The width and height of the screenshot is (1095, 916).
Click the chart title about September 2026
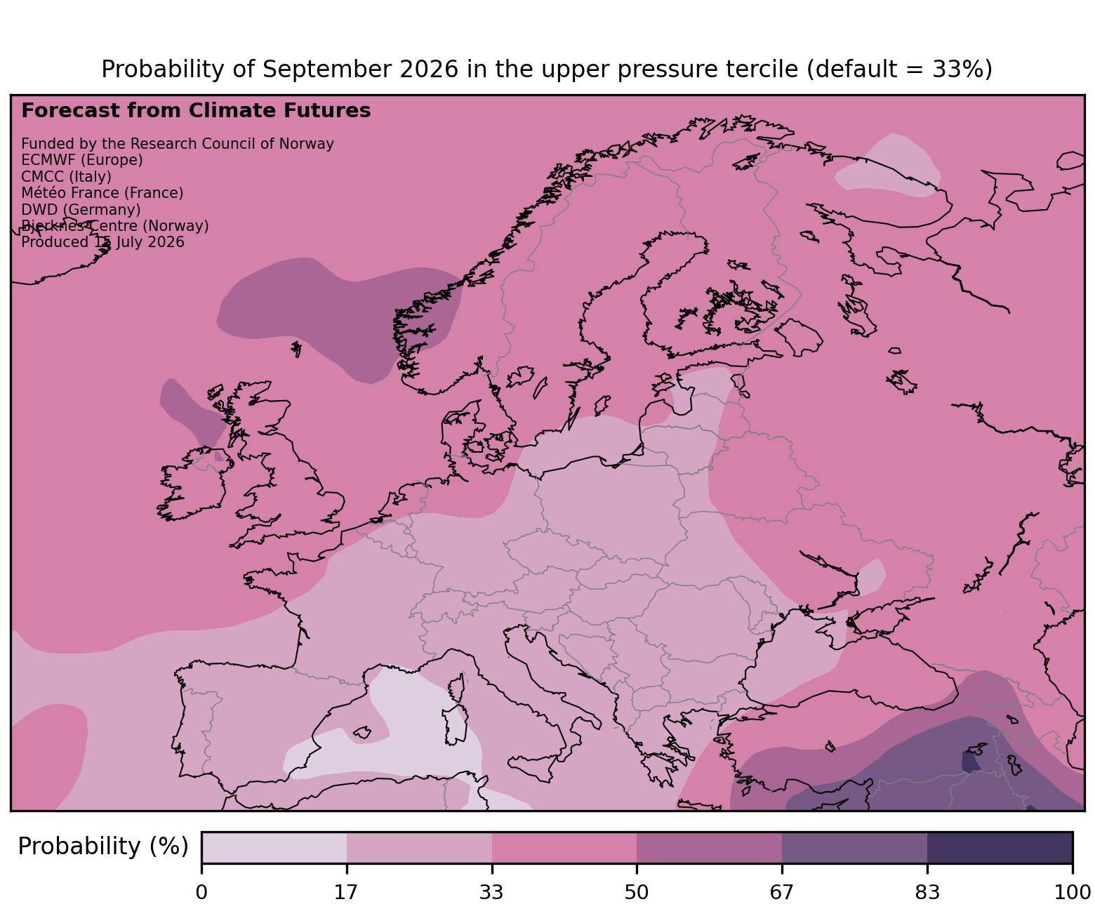pos(547,69)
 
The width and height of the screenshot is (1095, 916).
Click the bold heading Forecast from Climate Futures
pos(196,111)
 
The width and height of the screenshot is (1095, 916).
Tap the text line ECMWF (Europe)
pos(82,160)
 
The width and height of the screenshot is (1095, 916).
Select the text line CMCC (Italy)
pos(66,176)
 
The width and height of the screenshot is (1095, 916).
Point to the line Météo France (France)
pos(102,193)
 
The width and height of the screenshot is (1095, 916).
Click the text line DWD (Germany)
pos(81,209)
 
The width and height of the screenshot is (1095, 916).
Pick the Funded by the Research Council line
pos(178,144)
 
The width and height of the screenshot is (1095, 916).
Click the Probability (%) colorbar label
pos(103,847)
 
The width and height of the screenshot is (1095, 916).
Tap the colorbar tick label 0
pos(202,892)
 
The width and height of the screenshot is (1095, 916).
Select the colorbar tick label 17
pos(347,892)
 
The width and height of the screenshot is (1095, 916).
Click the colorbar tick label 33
pos(492,892)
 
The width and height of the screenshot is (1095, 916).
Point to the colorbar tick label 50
pos(637,892)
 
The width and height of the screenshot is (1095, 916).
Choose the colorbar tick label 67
pos(782,892)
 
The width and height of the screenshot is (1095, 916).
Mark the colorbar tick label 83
pos(927,892)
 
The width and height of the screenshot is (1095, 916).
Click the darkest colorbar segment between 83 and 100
pos(1000,847)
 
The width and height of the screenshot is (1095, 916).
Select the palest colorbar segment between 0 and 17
pos(274,847)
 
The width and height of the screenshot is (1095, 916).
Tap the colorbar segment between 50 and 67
pos(710,847)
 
